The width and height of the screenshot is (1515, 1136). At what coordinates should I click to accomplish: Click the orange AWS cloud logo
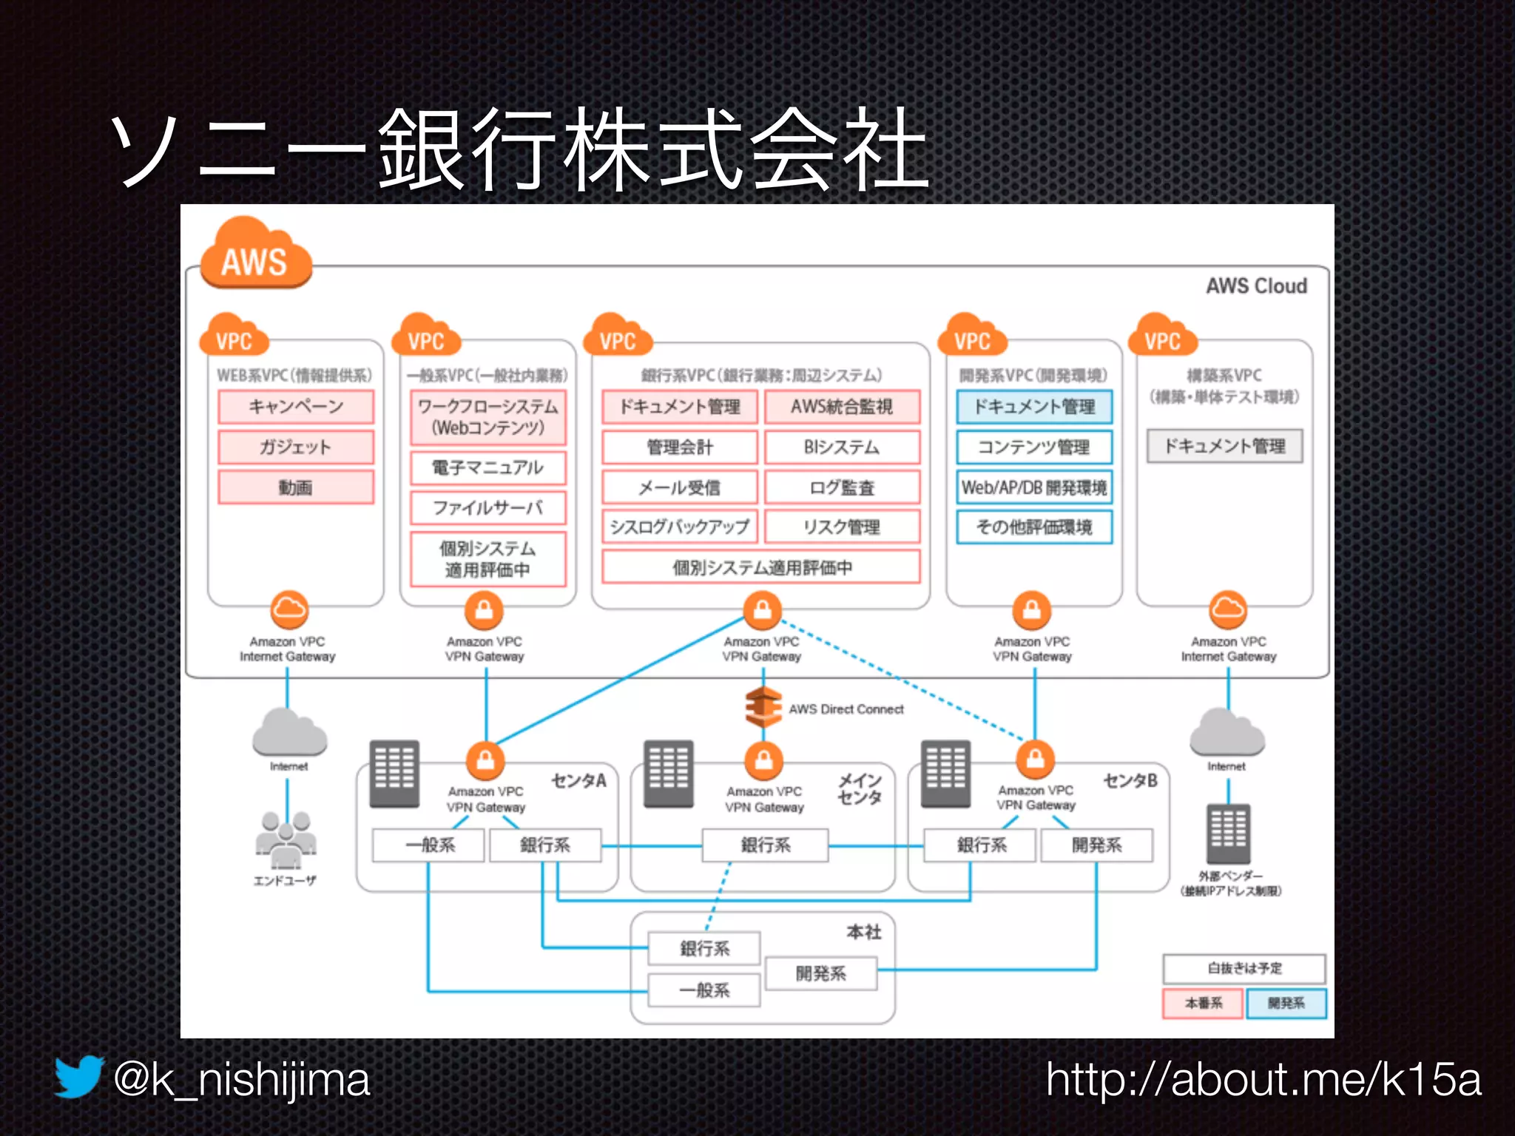255,254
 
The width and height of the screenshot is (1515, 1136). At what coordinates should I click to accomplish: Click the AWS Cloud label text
1256,286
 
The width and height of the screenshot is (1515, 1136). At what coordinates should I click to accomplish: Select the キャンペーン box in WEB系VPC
296,407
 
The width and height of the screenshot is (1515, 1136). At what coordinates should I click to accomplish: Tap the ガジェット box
296,447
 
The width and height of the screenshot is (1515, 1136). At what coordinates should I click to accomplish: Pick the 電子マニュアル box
487,467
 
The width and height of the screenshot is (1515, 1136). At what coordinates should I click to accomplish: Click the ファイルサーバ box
487,508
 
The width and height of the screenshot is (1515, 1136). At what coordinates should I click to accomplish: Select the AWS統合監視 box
842,407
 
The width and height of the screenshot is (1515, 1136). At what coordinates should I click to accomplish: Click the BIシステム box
842,447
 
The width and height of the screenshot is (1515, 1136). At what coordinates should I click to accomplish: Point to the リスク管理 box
842,527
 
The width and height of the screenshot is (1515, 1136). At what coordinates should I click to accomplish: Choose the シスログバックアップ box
679,527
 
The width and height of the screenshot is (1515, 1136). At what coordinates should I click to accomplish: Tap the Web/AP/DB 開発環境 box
1033,487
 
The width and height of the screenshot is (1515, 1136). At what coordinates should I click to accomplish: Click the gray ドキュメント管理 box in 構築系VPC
1224,447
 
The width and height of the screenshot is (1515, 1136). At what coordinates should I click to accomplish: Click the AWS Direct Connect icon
763,707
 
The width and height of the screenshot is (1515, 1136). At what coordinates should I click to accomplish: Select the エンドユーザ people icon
286,839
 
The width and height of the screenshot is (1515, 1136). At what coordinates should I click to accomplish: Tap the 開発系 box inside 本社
821,973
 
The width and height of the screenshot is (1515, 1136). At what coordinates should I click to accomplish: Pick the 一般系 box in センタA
429,845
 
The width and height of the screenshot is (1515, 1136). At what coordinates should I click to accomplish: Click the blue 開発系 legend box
1286,1004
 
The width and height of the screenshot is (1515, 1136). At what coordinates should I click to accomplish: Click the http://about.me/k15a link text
1263,1080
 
